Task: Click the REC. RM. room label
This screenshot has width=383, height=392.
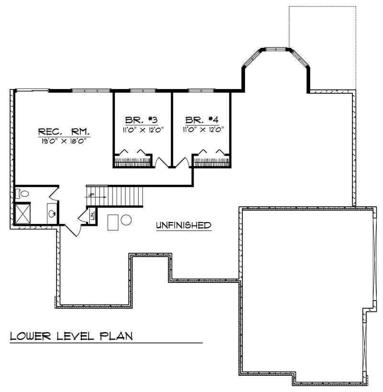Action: click(64, 132)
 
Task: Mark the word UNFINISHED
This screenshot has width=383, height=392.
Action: click(183, 225)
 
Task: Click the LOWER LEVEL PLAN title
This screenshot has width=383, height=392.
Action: click(71, 336)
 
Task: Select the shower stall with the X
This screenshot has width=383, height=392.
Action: click(23, 213)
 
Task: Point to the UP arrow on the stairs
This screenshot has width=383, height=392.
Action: click(91, 195)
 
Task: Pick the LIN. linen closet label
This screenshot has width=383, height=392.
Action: click(92, 215)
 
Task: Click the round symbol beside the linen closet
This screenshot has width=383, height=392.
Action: click(126, 220)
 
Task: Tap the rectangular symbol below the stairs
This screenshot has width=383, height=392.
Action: click(113, 222)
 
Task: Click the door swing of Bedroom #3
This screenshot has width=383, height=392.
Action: click(161, 163)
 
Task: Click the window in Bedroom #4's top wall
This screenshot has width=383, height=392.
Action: click(201, 90)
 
